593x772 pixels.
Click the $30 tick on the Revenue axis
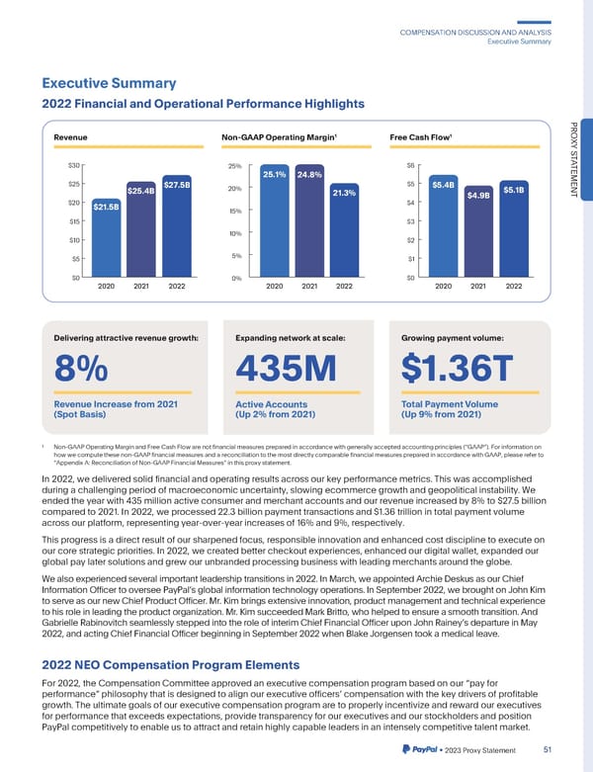pos(73,164)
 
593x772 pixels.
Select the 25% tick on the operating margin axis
pos(235,165)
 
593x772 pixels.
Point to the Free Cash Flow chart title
pos(419,136)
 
